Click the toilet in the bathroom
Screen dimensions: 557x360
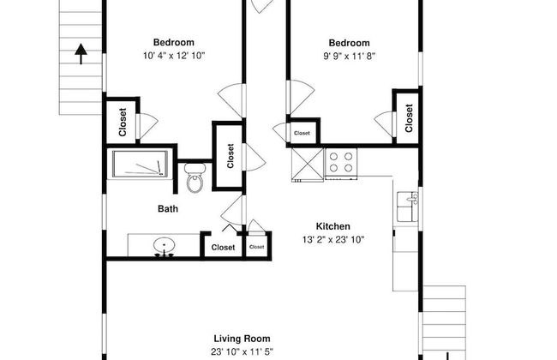(x=195, y=177)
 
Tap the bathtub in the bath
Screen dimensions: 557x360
(x=141, y=164)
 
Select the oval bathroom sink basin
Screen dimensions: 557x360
(x=165, y=245)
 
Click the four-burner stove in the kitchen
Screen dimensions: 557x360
(x=341, y=162)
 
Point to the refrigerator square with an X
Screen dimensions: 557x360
(x=308, y=164)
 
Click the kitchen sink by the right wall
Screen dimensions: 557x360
(x=407, y=207)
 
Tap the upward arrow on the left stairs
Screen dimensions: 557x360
(x=81, y=54)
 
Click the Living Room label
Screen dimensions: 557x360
(x=242, y=339)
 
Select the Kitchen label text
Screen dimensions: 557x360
(x=332, y=226)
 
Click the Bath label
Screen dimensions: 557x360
(x=168, y=208)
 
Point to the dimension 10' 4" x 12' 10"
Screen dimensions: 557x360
(x=174, y=56)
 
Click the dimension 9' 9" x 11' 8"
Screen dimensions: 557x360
(x=349, y=57)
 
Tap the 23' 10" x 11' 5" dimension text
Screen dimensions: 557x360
(x=242, y=351)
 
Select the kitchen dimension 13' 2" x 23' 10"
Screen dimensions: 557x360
(x=333, y=240)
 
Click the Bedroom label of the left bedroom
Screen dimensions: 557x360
(x=174, y=42)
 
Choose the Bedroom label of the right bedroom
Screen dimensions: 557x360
(x=349, y=43)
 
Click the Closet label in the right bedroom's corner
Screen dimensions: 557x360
(x=409, y=118)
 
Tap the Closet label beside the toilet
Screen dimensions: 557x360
(x=231, y=156)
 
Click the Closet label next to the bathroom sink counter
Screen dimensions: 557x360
(x=223, y=248)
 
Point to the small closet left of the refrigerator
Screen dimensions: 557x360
(x=302, y=133)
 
